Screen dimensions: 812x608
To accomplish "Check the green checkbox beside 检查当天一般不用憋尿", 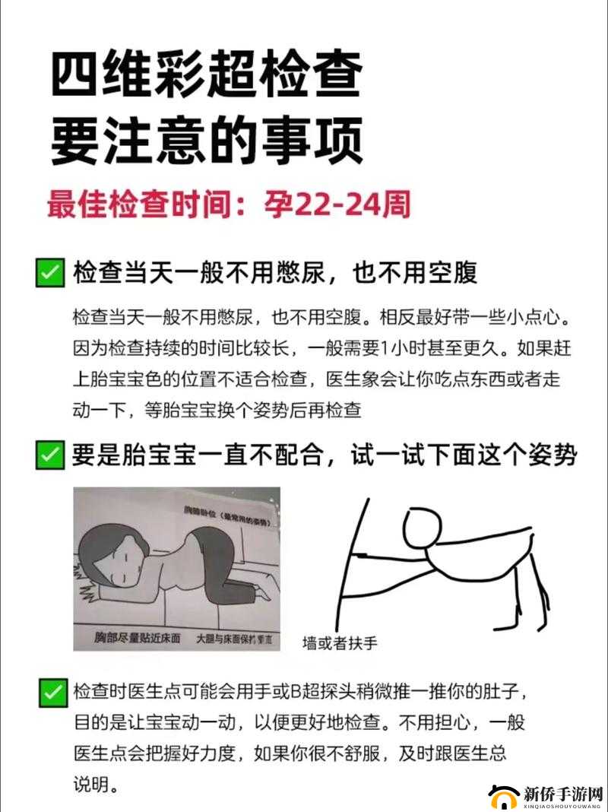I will coord(49,273).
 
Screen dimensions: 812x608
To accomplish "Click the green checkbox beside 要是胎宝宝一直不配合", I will coord(49,455).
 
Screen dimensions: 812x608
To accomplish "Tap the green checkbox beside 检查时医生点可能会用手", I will coord(52,692).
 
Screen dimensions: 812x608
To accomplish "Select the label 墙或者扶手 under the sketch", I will coord(340,642).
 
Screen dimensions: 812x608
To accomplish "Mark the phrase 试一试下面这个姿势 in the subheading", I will coord(463,455).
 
